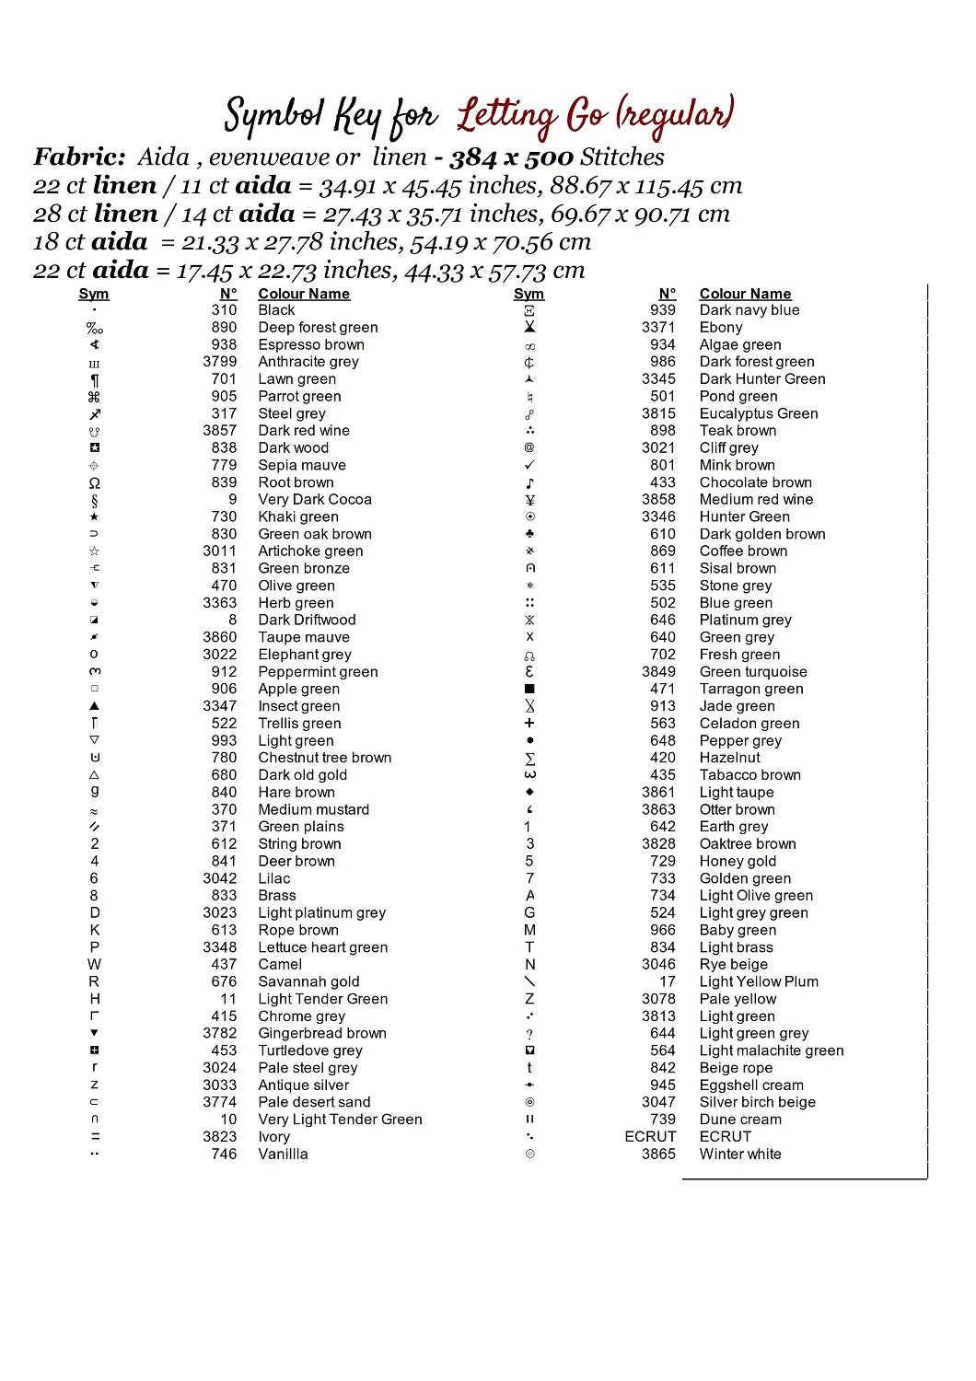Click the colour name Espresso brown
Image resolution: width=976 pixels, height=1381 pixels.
tap(311, 344)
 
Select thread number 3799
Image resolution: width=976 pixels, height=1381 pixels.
tap(220, 362)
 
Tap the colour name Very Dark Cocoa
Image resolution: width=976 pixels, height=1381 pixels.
tap(315, 499)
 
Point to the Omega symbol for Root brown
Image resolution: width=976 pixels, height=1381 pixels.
tap(94, 482)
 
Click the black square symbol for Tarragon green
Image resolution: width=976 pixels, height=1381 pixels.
tap(529, 689)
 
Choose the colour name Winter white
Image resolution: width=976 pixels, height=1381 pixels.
tap(740, 1154)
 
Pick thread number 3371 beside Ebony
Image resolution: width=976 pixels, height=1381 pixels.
tap(658, 327)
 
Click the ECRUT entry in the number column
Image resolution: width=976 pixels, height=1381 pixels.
tap(650, 1136)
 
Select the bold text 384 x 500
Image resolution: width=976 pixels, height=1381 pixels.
tap(511, 157)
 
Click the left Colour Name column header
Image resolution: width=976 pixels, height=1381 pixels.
tap(304, 294)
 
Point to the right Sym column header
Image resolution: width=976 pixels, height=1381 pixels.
tap(529, 294)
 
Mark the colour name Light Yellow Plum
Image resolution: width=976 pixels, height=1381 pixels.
tap(759, 981)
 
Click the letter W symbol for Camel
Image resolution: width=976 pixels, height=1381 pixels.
tap(94, 964)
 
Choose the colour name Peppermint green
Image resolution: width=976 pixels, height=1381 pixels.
tap(318, 672)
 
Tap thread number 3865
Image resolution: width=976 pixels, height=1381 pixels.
tap(658, 1154)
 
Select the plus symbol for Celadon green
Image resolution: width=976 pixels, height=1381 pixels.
tap(529, 724)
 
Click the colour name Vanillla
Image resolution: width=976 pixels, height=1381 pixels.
tap(283, 1154)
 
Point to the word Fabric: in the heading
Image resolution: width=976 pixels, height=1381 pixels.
tap(79, 157)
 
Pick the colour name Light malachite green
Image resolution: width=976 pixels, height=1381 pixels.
tap(772, 1050)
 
